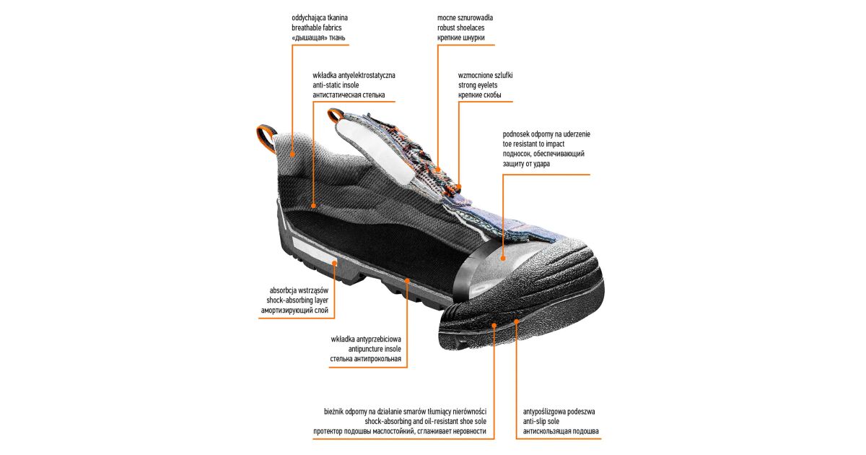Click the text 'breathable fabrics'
click(317, 28)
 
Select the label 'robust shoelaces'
click(460, 28)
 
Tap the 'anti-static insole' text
click(336, 85)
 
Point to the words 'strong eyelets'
click(478, 85)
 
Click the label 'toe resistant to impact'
click(533, 144)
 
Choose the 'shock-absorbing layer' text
click(297, 300)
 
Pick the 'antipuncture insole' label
click(375, 349)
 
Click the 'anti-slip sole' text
click(541, 421)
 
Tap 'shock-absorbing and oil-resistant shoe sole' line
click(425, 421)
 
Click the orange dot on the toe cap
click(503, 258)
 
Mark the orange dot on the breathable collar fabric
click(293, 155)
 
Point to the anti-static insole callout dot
click(313, 206)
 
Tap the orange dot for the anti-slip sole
click(517, 321)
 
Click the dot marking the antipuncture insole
click(407, 280)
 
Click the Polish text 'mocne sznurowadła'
click(465, 18)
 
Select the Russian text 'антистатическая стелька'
click(349, 95)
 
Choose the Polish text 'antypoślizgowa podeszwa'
click(559, 412)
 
